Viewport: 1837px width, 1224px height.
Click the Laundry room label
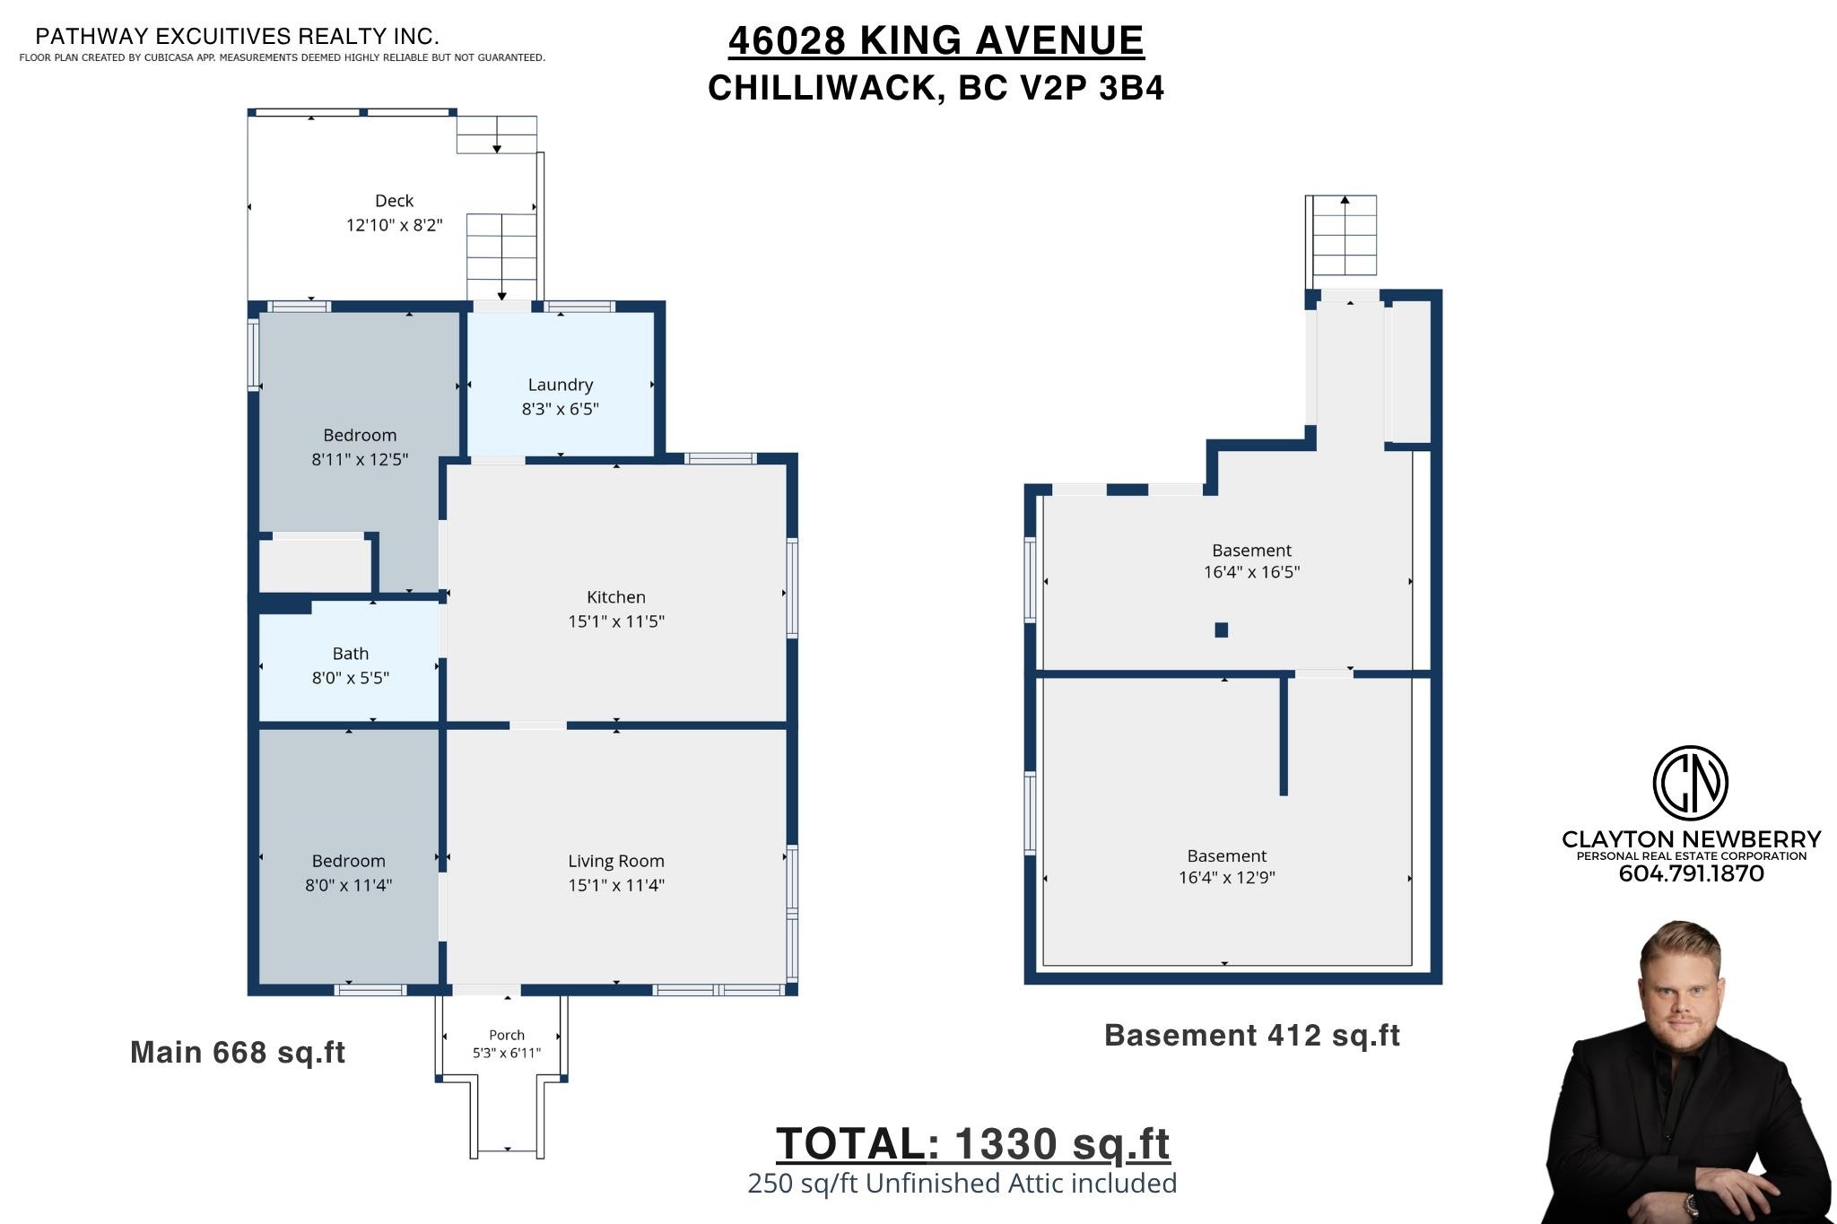pyautogui.click(x=561, y=385)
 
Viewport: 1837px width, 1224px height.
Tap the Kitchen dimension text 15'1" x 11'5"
pyautogui.click(x=616, y=621)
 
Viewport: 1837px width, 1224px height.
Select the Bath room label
pyautogui.click(x=351, y=654)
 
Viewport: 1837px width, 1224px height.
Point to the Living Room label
pyautogui.click(x=616, y=861)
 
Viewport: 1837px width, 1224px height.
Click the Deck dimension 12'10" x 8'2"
pyautogui.click(x=395, y=225)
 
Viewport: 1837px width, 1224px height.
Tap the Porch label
pyautogui.click(x=507, y=1035)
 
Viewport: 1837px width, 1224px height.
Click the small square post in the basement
pyautogui.click(x=1221, y=629)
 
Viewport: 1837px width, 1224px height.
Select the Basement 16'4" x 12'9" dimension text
pyautogui.click(x=1227, y=878)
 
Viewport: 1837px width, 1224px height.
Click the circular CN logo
pyautogui.click(x=1691, y=783)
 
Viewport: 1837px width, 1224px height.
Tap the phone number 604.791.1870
pyautogui.click(x=1691, y=874)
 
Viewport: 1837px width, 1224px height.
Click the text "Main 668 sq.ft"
pyautogui.click(x=238, y=1052)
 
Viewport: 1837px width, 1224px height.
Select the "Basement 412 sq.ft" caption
pyautogui.click(x=1252, y=1035)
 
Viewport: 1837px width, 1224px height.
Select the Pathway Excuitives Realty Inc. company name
pyautogui.click(x=237, y=37)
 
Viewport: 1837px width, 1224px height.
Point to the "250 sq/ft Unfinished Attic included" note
pyautogui.click(x=962, y=1184)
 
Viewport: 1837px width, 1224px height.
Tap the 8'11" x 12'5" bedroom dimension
pyautogui.click(x=360, y=459)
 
